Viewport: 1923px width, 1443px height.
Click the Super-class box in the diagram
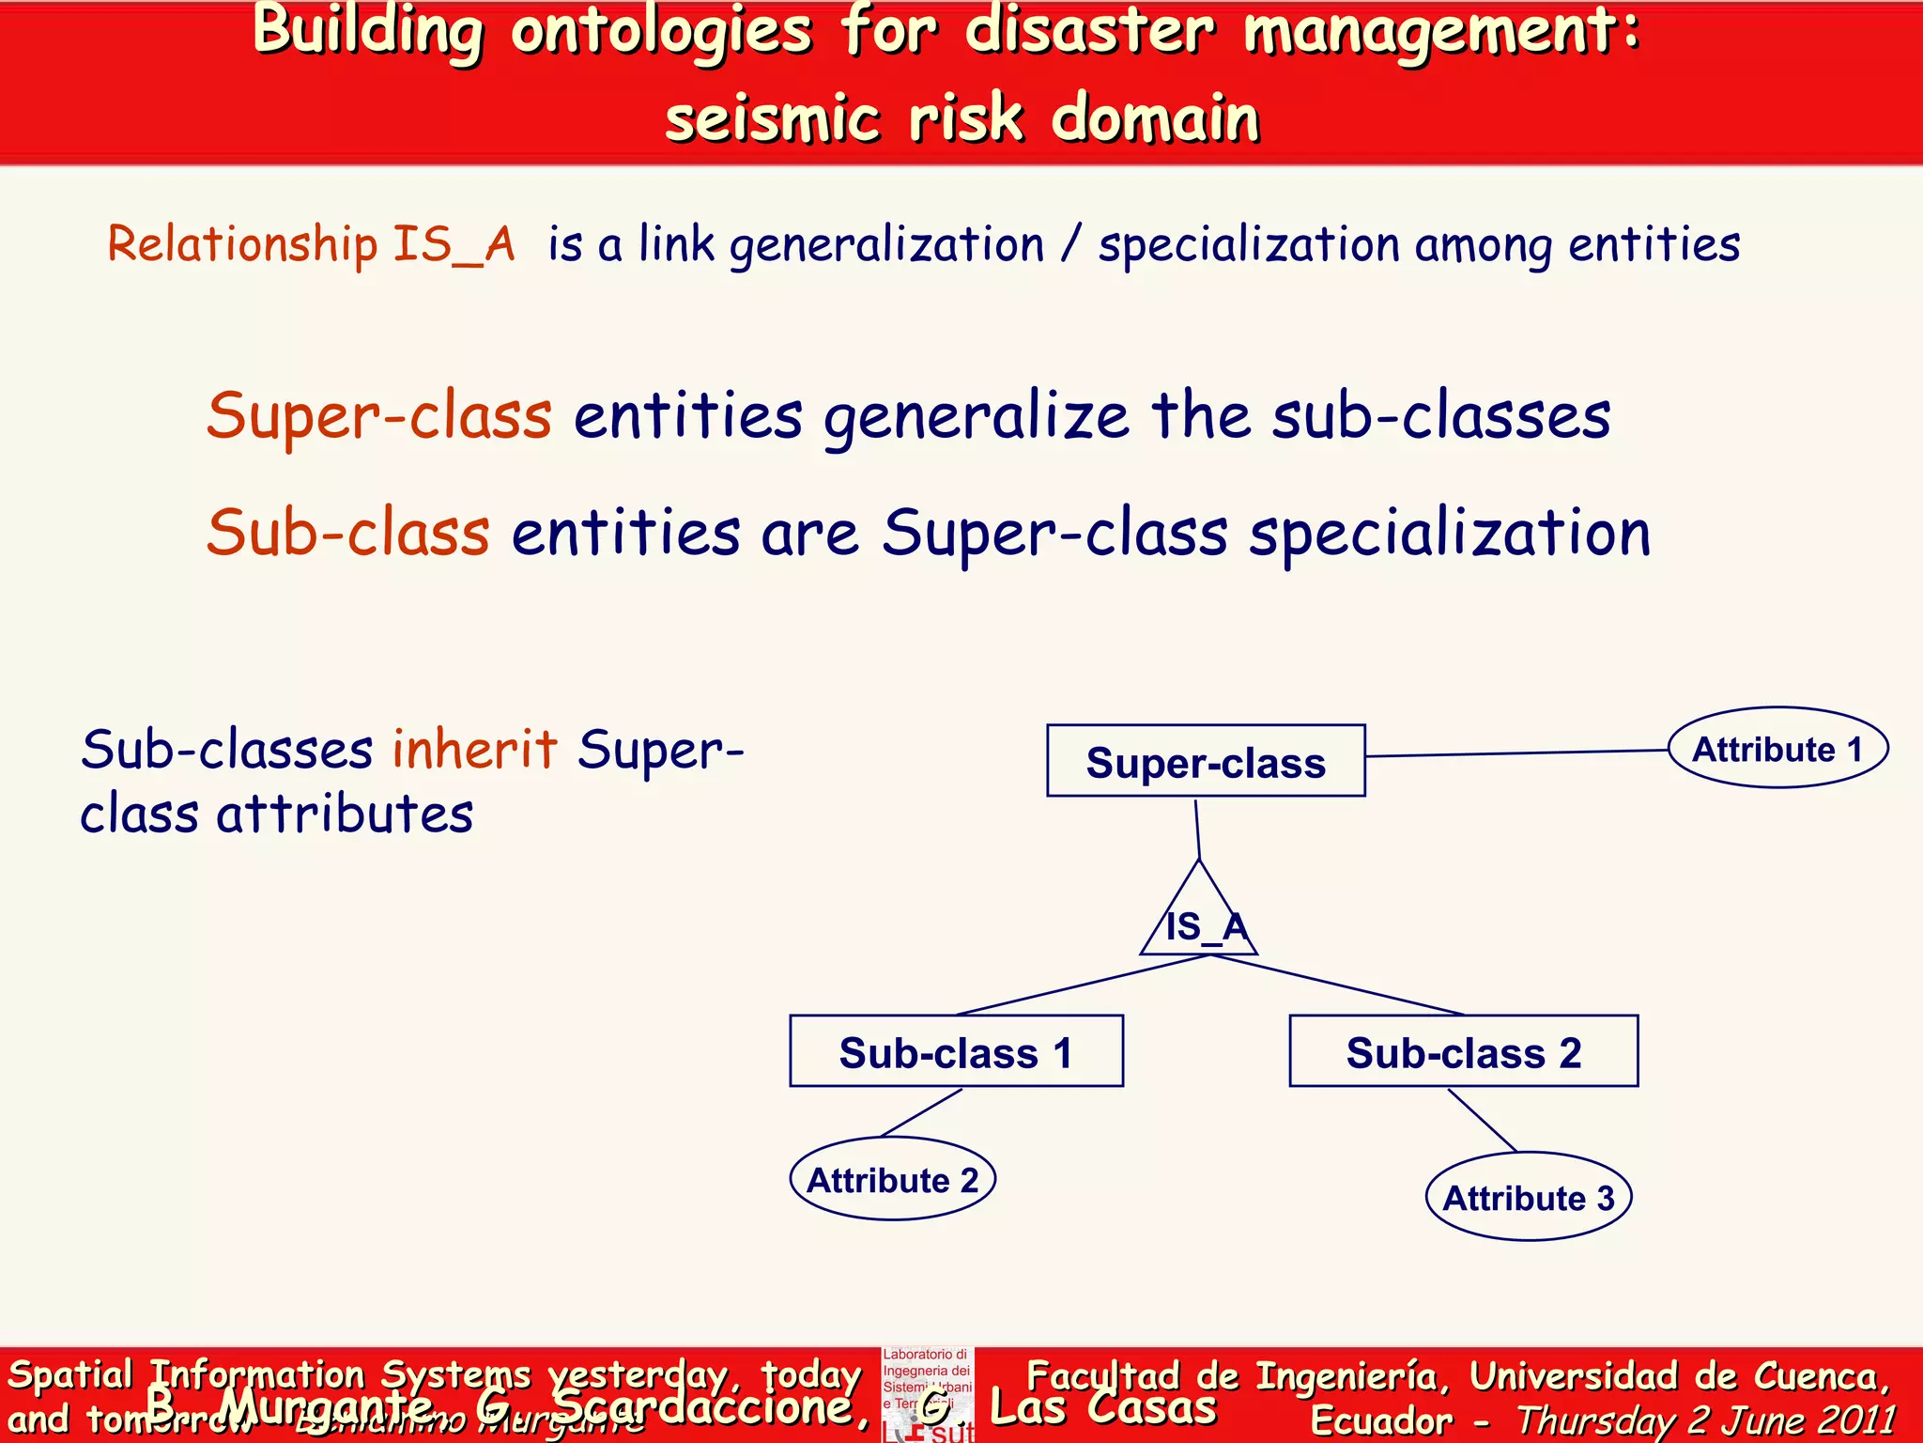pyautogui.click(x=1206, y=761)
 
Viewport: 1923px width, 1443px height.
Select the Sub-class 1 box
pyautogui.click(x=956, y=1051)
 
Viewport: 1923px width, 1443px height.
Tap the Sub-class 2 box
pyautogui.click(x=1463, y=1051)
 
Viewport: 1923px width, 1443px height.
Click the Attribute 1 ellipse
pyautogui.click(x=1777, y=749)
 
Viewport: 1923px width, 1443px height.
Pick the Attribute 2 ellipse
pyautogui.click(x=892, y=1179)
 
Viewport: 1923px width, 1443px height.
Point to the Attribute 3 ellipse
pyautogui.click(x=1528, y=1197)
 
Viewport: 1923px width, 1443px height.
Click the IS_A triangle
pyautogui.click(x=1199, y=921)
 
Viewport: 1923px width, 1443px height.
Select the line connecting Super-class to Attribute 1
pyautogui.click(x=1516, y=753)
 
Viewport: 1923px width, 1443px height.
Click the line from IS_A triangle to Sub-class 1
pyautogui.click(x=1080, y=985)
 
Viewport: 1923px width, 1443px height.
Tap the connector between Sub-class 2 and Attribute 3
pyautogui.click(x=1482, y=1120)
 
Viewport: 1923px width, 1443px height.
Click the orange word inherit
pyautogui.click(x=474, y=750)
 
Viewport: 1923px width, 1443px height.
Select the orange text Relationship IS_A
pyautogui.click(x=311, y=244)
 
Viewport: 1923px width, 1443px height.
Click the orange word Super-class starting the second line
pyautogui.click(x=378, y=416)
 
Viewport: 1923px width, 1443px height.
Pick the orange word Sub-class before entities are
pyautogui.click(x=347, y=533)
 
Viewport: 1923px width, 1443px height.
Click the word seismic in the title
pyautogui.click(x=772, y=119)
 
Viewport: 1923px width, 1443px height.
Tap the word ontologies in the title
pyautogui.click(x=661, y=30)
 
